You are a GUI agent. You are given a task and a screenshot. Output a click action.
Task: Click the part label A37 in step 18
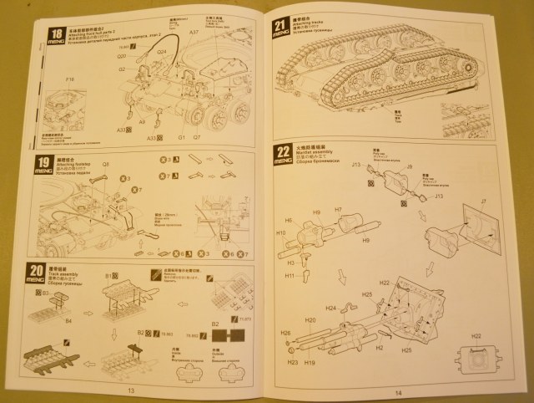click(193, 33)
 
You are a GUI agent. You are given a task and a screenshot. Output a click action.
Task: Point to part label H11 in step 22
click(289, 274)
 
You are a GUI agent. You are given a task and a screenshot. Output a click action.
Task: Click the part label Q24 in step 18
click(161, 52)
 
